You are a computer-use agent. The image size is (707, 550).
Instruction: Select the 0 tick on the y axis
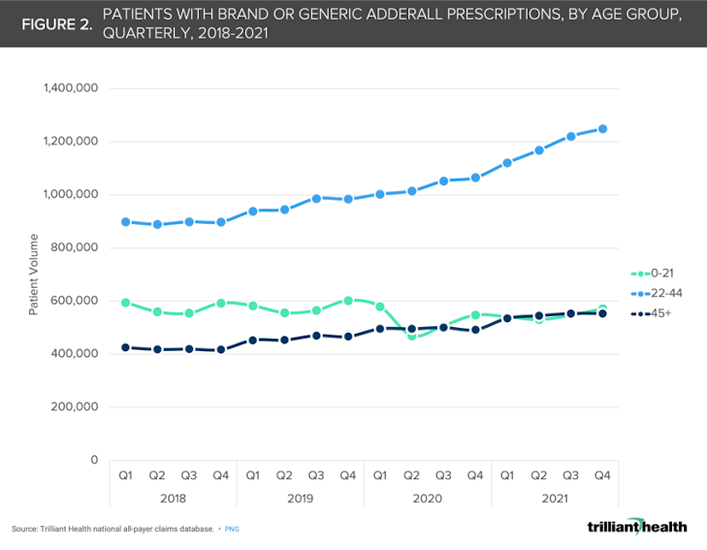pos(95,460)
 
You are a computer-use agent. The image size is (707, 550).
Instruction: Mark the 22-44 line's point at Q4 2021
pos(602,129)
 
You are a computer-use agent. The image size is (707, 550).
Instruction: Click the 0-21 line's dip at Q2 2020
pos(412,336)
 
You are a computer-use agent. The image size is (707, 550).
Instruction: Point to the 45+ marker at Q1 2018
pos(126,348)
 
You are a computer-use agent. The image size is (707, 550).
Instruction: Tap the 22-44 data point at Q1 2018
pos(126,221)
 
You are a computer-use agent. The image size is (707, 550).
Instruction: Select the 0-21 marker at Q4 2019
pos(348,300)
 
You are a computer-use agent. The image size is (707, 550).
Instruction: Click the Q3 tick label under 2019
pos(316,474)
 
